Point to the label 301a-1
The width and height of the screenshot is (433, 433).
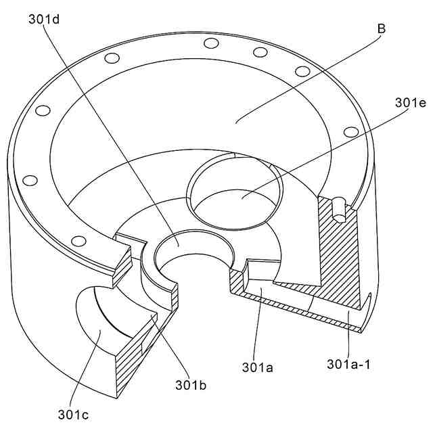point(349,365)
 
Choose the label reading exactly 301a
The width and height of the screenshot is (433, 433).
point(257,367)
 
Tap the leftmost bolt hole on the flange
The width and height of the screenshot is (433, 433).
point(30,180)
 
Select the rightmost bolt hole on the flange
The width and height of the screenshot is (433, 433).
point(350,131)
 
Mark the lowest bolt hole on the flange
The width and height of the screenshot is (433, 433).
point(78,240)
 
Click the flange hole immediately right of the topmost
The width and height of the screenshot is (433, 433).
point(260,52)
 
